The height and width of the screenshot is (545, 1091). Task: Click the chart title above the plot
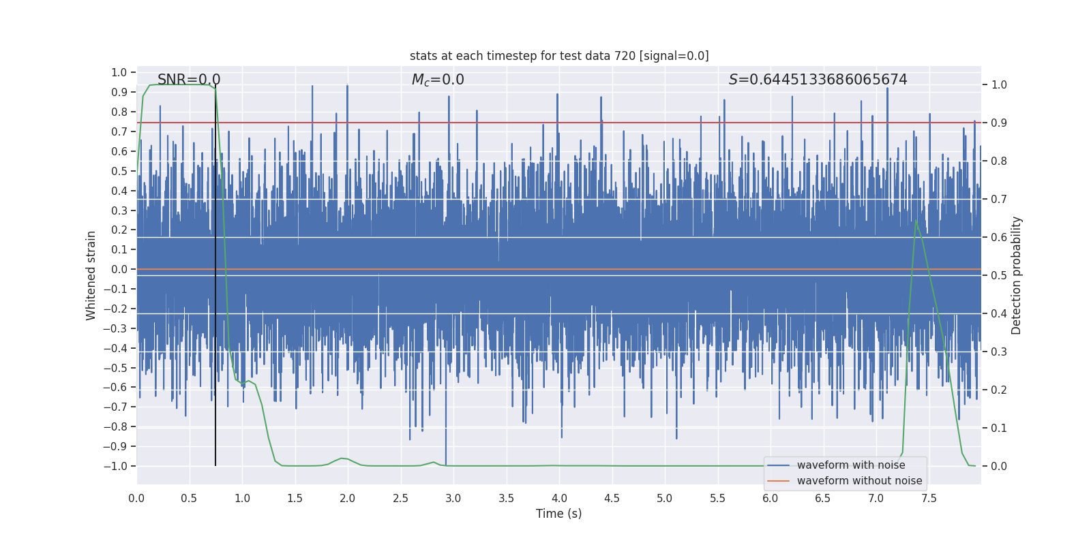click(559, 56)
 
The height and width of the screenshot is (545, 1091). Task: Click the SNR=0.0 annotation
click(189, 80)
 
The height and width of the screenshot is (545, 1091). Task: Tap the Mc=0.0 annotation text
click(438, 80)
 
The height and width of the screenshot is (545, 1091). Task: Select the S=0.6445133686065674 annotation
click(818, 80)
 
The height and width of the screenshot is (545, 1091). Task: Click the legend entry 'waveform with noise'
click(851, 465)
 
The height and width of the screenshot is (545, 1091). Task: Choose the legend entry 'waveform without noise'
click(859, 481)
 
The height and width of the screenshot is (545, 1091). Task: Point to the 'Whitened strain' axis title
click(91, 275)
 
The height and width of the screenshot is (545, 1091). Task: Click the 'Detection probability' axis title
click(1017, 275)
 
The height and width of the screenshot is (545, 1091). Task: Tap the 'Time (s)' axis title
click(558, 514)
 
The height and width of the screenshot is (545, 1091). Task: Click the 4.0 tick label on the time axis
click(559, 499)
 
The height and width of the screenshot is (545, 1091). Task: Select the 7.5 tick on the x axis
click(929, 499)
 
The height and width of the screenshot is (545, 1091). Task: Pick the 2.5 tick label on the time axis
click(400, 499)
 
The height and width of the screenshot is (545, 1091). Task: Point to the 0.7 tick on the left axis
click(119, 131)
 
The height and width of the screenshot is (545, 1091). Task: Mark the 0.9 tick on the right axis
click(999, 123)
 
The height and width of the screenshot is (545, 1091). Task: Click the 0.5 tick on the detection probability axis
click(999, 276)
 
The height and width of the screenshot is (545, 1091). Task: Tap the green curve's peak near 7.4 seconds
click(916, 220)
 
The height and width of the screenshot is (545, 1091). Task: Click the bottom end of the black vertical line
click(215, 465)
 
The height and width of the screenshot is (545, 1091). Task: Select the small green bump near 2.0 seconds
click(342, 458)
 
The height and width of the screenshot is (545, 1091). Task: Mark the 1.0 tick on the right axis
click(999, 85)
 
